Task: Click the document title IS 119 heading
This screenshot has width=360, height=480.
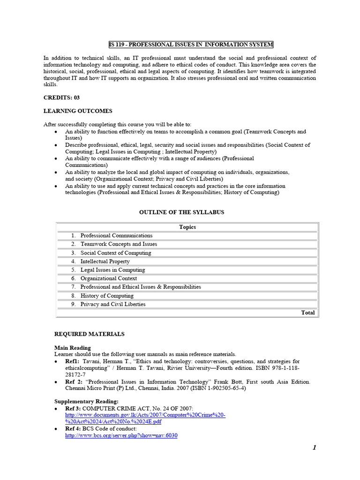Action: pyautogui.click(x=191, y=45)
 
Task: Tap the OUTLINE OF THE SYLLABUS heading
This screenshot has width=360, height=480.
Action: pyautogui.click(x=182, y=212)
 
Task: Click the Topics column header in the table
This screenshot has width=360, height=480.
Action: pyautogui.click(x=187, y=227)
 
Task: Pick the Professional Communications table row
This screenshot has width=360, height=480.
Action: pyautogui.click(x=116, y=236)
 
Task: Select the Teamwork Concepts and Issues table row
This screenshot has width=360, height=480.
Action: pyautogui.click(x=119, y=244)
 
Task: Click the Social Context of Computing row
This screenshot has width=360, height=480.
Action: pyautogui.click(x=116, y=253)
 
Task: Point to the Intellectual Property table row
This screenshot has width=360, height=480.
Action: pyautogui.click(x=105, y=262)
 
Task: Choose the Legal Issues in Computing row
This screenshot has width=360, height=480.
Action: pyautogui.click(x=112, y=270)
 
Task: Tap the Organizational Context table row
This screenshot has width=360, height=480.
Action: pyautogui.click(x=109, y=278)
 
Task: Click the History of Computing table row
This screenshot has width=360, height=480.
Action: pyautogui.click(x=107, y=296)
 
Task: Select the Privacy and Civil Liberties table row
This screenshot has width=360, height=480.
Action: pyautogui.click(x=113, y=304)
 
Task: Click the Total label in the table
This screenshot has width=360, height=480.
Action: pyautogui.click(x=308, y=313)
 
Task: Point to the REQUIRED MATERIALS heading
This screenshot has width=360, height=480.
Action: pyautogui.click(x=90, y=334)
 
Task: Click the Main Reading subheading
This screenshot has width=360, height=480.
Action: pyautogui.click(x=73, y=348)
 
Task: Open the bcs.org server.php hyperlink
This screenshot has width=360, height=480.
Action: pyautogui.click(x=121, y=435)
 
